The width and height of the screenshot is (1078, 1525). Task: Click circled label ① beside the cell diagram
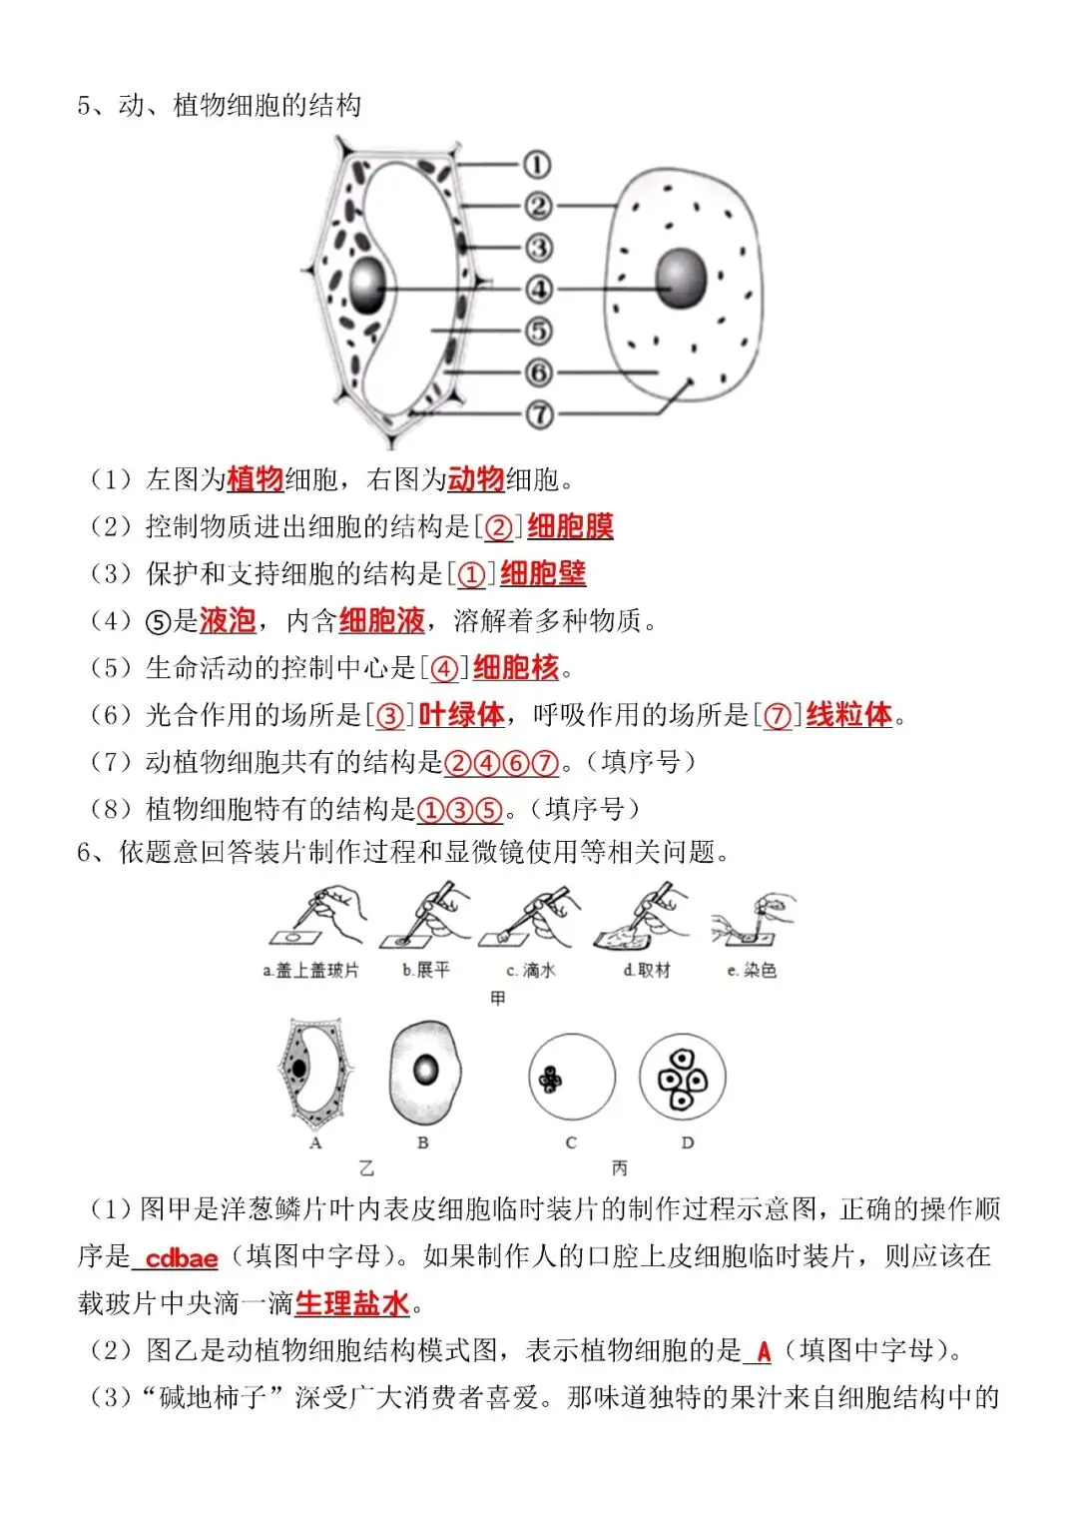[x=537, y=165]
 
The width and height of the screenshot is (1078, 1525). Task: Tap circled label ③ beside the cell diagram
[x=538, y=248]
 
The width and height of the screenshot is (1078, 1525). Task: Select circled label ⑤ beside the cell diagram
[x=538, y=331]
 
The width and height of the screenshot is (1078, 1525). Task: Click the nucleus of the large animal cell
[x=681, y=278]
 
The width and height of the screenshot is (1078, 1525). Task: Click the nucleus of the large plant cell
[x=367, y=285]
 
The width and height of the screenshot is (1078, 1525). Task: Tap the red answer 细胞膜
[x=570, y=526]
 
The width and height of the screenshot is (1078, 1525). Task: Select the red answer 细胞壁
[x=543, y=573]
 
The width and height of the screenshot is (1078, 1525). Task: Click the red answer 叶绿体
[x=461, y=715]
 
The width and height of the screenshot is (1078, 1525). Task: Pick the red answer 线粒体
[x=848, y=715]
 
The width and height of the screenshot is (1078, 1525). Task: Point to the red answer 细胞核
[x=516, y=668]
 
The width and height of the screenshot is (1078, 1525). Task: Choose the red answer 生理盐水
[x=351, y=1304]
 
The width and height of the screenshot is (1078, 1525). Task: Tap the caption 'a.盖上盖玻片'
[x=310, y=970]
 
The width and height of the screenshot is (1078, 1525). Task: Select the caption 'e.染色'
[x=752, y=970]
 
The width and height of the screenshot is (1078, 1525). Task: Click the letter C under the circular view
[x=570, y=1144]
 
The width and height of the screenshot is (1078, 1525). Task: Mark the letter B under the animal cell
[x=422, y=1144]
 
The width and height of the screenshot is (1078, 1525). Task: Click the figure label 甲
[x=497, y=999]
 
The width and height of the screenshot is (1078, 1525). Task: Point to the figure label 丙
[x=619, y=1168]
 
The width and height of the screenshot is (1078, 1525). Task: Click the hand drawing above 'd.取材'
[x=641, y=916]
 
